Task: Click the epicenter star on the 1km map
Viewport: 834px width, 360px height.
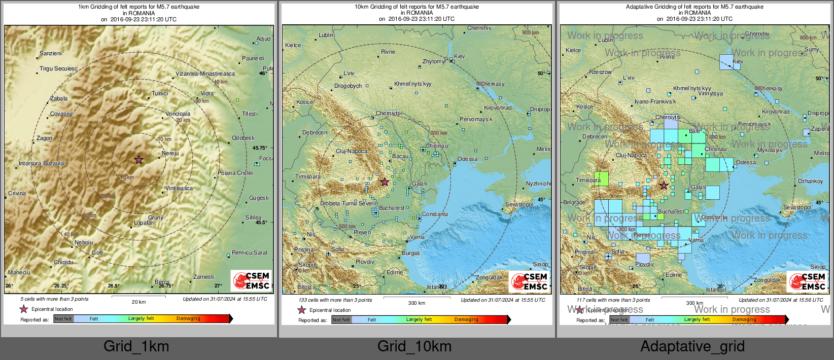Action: click(139, 160)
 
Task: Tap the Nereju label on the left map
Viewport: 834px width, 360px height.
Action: click(170, 153)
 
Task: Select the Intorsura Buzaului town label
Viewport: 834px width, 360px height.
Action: click(42, 163)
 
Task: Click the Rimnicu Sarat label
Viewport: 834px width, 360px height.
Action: click(249, 253)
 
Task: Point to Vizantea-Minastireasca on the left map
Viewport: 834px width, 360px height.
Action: click(205, 74)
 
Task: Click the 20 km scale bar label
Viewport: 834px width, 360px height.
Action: click(138, 302)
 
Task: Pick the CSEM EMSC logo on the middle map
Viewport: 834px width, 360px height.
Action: click(529, 281)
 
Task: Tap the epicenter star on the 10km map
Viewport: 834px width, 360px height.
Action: click(385, 182)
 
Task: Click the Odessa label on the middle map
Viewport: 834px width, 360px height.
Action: click(467, 159)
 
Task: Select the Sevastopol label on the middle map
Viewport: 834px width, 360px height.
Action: click(519, 204)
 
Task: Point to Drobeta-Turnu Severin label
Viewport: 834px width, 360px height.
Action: click(349, 203)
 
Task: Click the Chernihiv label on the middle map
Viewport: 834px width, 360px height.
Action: click(479, 28)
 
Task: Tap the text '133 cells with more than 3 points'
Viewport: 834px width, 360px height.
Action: click(335, 300)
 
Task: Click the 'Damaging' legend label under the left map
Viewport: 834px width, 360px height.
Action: click(188, 318)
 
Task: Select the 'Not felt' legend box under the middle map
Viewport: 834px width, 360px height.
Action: click(341, 319)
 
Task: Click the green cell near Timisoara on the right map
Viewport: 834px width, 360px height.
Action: click(601, 178)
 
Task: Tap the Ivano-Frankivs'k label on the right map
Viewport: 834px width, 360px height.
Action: click(655, 101)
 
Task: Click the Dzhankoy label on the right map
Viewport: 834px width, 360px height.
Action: click(810, 181)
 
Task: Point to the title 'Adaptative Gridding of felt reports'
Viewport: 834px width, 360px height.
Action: click(694, 7)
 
